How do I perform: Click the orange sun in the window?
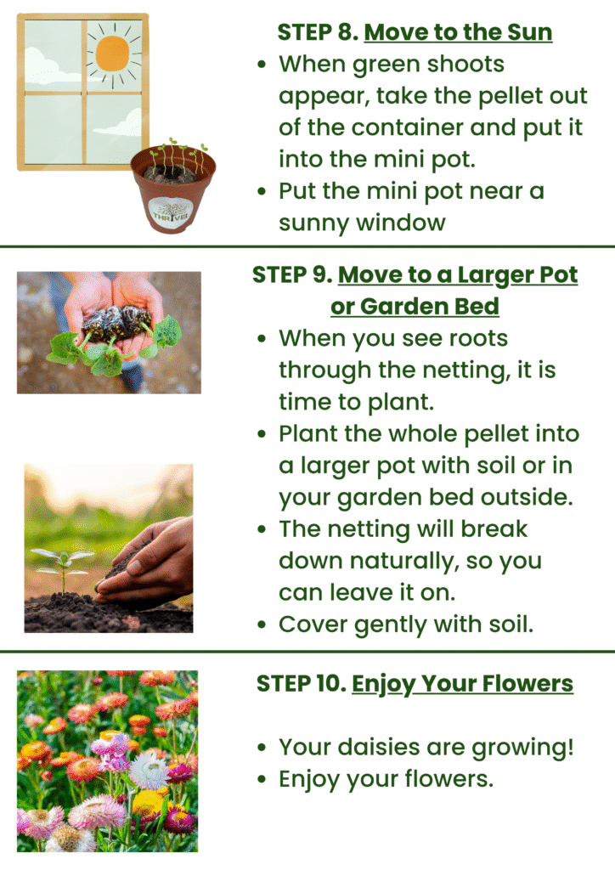click(113, 54)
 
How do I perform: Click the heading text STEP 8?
click(318, 32)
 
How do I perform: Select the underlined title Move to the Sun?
click(458, 32)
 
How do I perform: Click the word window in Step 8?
click(401, 223)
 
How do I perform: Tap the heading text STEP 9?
click(292, 274)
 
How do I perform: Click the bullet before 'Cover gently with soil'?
click(262, 624)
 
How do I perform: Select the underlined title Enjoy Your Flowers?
click(462, 684)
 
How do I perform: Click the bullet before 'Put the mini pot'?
click(262, 191)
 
